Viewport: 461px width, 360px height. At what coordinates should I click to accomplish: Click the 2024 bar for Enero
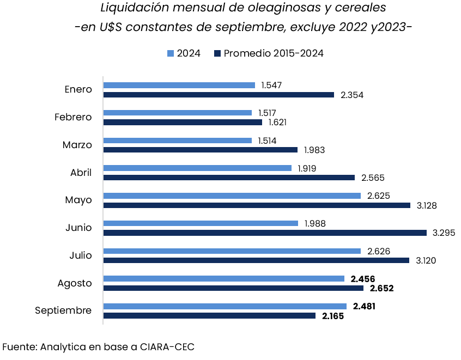(x=179, y=85)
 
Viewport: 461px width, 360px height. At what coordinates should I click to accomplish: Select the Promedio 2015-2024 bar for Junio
(x=265, y=233)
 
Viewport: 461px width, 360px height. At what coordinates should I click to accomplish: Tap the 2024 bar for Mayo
(x=232, y=196)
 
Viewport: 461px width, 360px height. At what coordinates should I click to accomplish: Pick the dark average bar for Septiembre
(x=209, y=315)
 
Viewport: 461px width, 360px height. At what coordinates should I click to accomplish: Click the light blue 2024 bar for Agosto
(x=224, y=278)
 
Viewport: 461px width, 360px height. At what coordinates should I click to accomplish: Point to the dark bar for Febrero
(x=183, y=123)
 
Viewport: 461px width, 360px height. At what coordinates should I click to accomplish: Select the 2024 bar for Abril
(x=197, y=168)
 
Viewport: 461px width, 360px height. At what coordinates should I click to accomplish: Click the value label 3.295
(x=444, y=233)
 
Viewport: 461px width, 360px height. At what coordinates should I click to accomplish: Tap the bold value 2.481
(x=364, y=307)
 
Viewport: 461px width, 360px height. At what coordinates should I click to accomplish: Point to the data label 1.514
(x=267, y=141)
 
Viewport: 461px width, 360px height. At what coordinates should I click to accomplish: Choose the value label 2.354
(x=351, y=95)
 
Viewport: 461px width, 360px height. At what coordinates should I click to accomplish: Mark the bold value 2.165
(x=332, y=316)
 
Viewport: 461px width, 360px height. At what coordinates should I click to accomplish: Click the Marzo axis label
(x=77, y=145)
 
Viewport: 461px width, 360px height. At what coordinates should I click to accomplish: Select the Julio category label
(x=80, y=255)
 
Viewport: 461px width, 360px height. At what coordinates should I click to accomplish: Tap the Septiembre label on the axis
(x=63, y=310)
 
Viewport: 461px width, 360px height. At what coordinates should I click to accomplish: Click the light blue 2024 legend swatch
(x=170, y=53)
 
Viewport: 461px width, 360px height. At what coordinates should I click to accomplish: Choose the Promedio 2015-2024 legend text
(x=274, y=53)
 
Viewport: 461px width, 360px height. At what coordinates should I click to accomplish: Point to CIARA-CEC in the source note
(x=167, y=346)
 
